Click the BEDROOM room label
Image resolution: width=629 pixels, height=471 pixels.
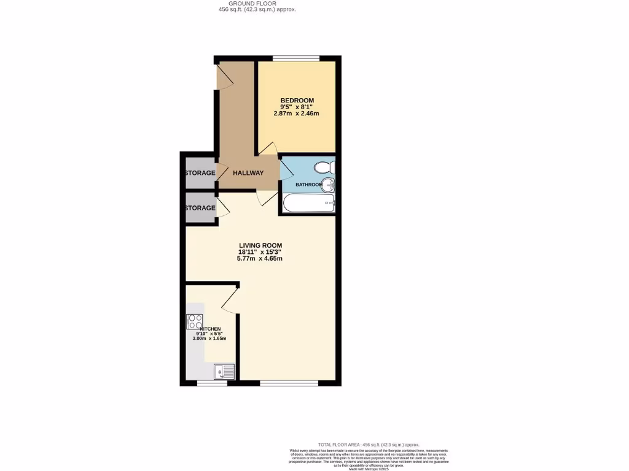click(x=297, y=101)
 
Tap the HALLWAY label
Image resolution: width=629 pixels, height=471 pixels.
click(x=248, y=173)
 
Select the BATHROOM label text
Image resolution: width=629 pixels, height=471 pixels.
click(x=308, y=185)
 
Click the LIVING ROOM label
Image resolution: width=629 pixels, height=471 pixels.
click(x=260, y=245)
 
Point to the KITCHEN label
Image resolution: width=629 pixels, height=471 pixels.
click(x=209, y=329)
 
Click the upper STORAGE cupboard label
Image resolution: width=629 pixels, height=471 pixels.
click(x=200, y=173)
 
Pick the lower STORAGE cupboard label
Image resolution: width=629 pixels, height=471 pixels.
click(x=200, y=208)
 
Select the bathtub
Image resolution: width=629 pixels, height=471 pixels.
click(x=308, y=203)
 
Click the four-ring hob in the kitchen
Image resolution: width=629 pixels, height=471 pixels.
click(x=195, y=321)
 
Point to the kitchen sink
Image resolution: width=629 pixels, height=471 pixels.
click(x=224, y=371)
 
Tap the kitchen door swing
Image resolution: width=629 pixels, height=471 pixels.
click(x=229, y=301)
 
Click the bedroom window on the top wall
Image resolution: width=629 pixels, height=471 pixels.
click(x=296, y=59)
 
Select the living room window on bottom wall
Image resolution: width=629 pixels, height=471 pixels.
click(x=289, y=383)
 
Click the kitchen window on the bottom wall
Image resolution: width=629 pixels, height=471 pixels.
click(x=211, y=383)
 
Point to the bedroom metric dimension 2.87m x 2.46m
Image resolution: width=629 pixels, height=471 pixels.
click(x=297, y=113)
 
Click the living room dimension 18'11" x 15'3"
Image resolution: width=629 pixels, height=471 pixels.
click(x=260, y=251)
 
